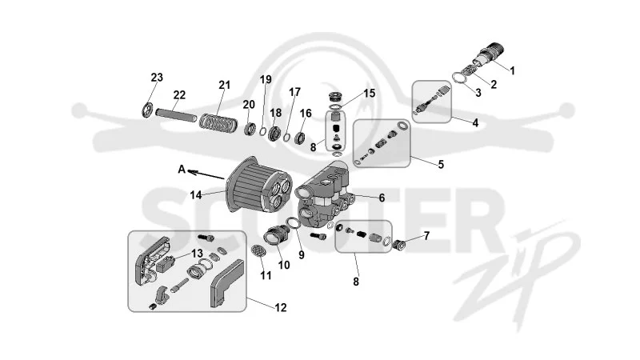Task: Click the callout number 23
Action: (x=157, y=77)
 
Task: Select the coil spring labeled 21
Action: (x=218, y=122)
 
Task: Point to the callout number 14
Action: (x=196, y=195)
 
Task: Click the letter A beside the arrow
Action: (x=182, y=169)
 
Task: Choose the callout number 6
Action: (x=382, y=198)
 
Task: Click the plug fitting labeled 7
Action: (x=398, y=246)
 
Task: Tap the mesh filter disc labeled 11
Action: (x=258, y=250)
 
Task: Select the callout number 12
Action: (x=281, y=307)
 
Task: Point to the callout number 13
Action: (x=197, y=254)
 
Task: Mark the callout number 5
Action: (x=441, y=165)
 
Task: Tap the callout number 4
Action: (x=475, y=122)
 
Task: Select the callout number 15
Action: (x=369, y=93)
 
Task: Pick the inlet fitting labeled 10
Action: (x=274, y=238)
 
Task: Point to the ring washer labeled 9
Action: (x=292, y=224)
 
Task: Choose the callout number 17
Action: (x=294, y=92)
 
